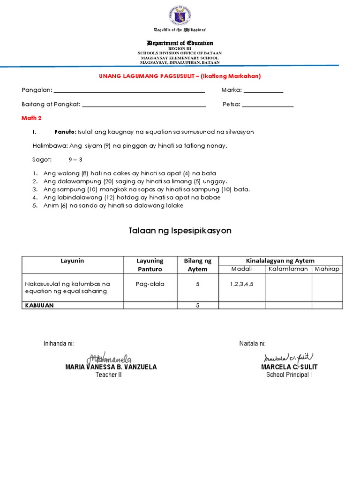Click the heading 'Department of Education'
[x=180, y=43]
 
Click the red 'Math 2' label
[x=31, y=118]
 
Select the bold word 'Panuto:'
[x=66, y=132]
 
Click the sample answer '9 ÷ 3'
[x=75, y=159]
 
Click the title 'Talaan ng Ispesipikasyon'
[x=180, y=231]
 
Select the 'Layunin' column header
[x=72, y=261]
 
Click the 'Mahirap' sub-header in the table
[x=327, y=269]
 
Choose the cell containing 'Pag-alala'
[x=150, y=284]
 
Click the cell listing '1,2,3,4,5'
[x=241, y=284]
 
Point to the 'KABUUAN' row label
[x=40, y=305]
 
